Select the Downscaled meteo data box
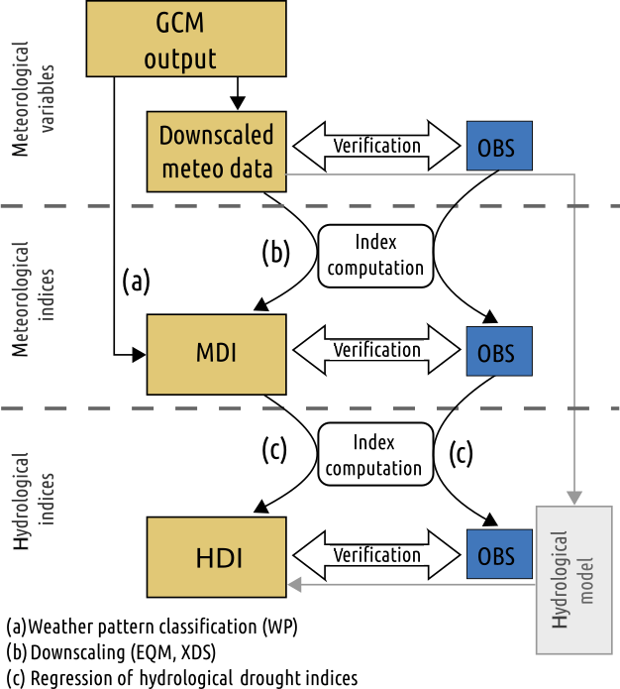coord(216,151)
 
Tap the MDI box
coord(216,354)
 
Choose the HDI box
coord(216,556)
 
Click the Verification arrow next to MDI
coord(376,351)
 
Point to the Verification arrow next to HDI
coord(376,556)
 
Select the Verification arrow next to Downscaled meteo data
coord(376,147)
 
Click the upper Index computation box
coord(375,256)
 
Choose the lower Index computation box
coord(375,457)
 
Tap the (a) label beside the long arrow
coord(136,283)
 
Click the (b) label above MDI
coord(274,253)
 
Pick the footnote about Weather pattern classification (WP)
coord(152,628)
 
